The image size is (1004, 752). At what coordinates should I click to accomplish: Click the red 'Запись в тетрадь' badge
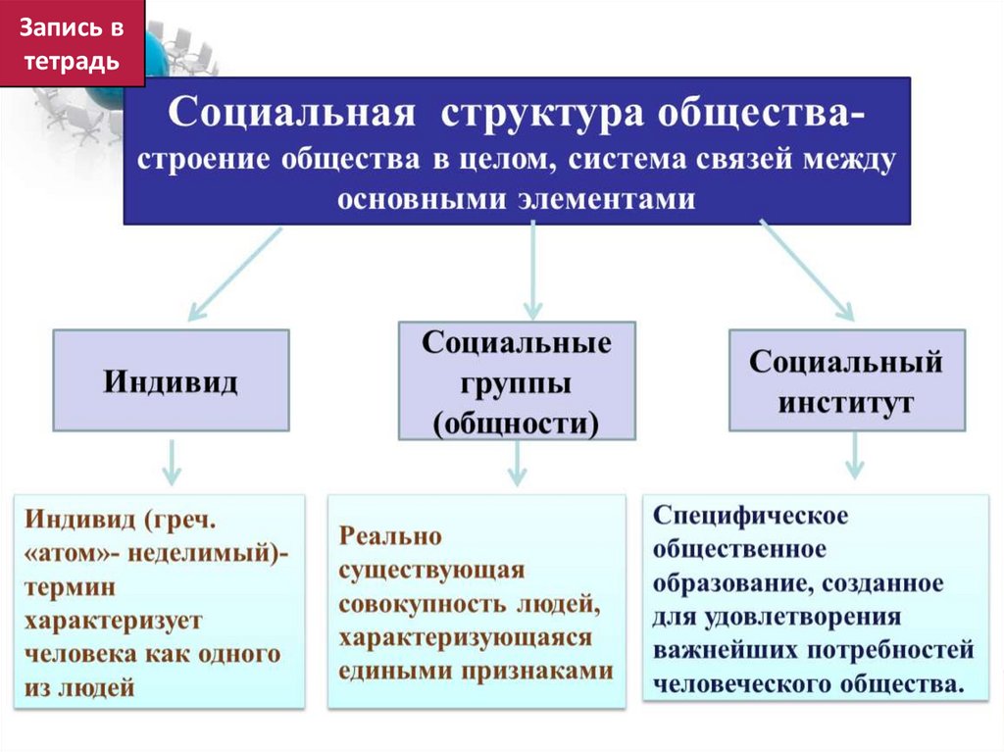point(72,43)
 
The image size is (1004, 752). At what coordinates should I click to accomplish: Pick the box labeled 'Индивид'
point(171,380)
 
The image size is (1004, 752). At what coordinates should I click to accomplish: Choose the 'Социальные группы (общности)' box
point(517,381)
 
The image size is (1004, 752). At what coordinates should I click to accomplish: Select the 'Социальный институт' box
point(846,380)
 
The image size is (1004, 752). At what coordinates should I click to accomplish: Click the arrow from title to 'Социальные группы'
point(532,270)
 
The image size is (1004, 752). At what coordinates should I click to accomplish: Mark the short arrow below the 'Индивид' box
point(172,462)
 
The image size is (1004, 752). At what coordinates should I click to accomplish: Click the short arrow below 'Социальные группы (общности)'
point(517,462)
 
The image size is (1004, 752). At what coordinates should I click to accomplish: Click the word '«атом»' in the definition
point(64,552)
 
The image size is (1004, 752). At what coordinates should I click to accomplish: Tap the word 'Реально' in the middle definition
point(391,536)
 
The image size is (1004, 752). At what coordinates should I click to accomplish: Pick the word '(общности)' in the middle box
point(517,424)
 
